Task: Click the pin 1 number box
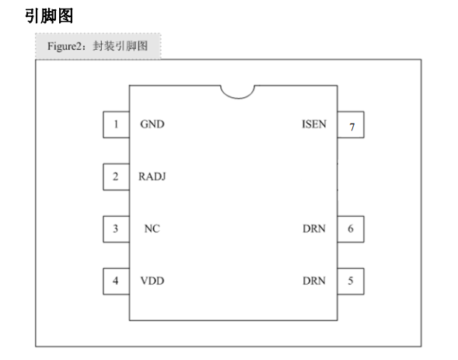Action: point(117,124)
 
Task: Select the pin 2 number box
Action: point(117,177)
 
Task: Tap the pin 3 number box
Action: point(117,229)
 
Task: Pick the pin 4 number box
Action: point(117,281)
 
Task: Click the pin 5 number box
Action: point(351,281)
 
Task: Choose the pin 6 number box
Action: point(351,229)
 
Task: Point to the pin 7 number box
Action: point(351,124)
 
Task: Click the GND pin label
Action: point(152,124)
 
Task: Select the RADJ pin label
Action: point(152,177)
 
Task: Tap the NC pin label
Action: point(152,229)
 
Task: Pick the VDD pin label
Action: point(152,281)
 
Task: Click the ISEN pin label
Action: point(314,124)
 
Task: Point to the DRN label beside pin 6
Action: point(314,229)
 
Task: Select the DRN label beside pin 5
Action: point(314,281)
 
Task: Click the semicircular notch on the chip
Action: point(238,99)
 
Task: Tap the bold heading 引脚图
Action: point(49,16)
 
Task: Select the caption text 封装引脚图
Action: point(121,46)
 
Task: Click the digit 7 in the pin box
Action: point(352,127)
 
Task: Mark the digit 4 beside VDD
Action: point(116,281)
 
